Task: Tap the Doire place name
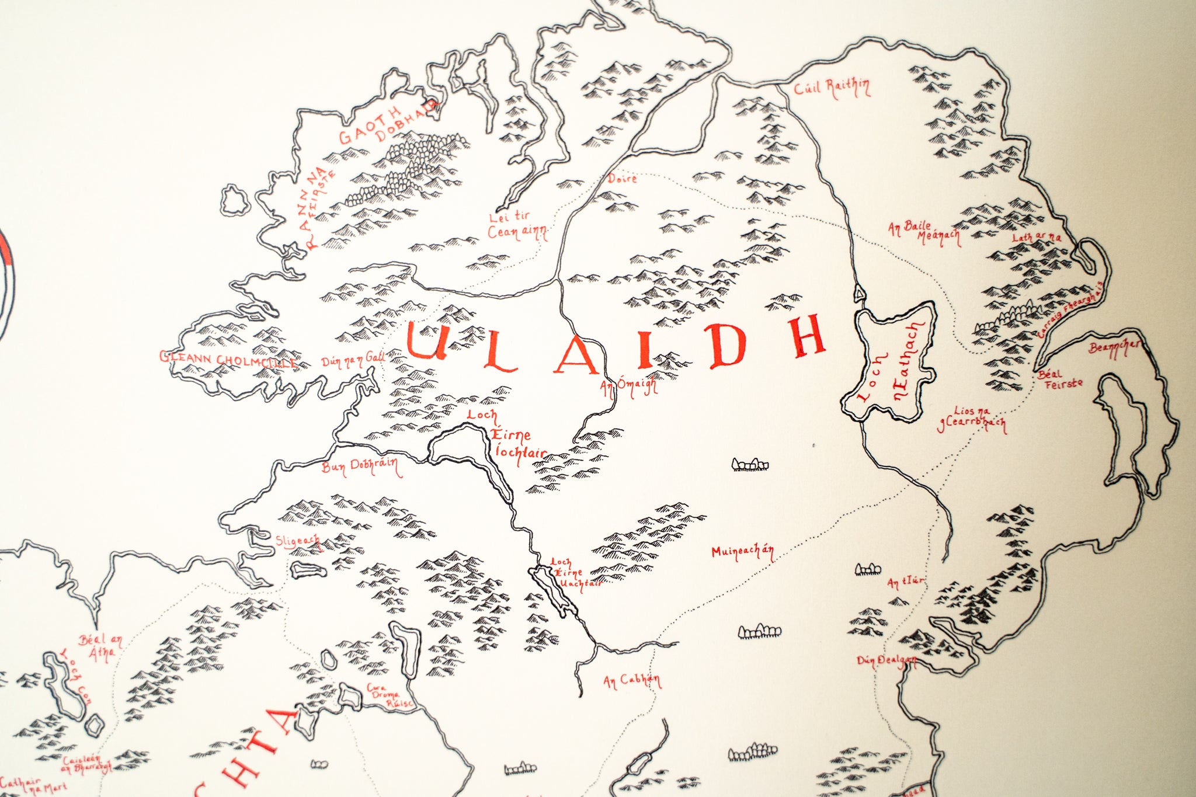pos(622,178)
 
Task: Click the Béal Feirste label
pos(1060,379)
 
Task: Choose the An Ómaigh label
pos(629,387)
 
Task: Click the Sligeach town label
pos(298,541)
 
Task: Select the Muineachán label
pos(742,552)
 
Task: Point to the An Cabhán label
pos(632,680)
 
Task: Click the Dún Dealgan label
pos(886,660)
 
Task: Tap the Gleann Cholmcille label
pos(228,359)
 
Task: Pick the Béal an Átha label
pos(101,647)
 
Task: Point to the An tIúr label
pos(906,582)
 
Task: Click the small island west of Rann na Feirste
pos(235,201)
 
